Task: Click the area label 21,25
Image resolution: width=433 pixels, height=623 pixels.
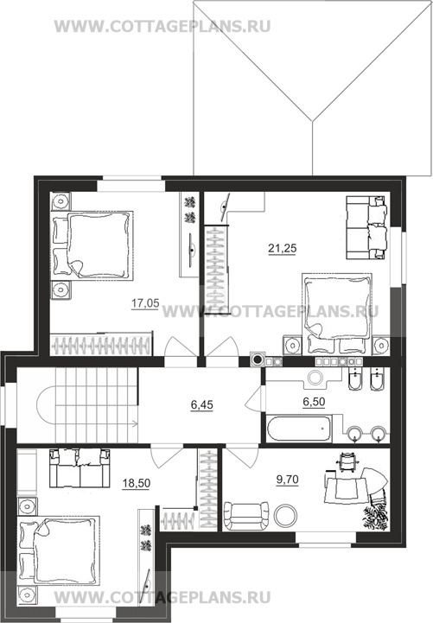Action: click(x=282, y=248)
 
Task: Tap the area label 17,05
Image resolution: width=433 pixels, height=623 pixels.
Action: click(x=145, y=303)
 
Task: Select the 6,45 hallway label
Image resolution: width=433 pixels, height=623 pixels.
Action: click(x=201, y=405)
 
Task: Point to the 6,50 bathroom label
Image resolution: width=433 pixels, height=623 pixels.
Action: click(x=314, y=402)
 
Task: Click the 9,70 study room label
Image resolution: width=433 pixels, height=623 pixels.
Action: click(x=287, y=480)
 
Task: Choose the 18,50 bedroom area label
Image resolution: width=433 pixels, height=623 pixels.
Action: click(x=137, y=483)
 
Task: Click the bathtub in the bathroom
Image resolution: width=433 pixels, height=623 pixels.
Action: click(x=299, y=429)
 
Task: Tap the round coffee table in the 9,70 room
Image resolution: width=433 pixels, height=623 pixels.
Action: click(x=285, y=515)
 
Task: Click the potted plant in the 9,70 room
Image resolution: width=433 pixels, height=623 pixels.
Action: click(x=376, y=515)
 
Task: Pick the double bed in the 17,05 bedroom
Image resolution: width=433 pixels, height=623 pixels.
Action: click(x=92, y=245)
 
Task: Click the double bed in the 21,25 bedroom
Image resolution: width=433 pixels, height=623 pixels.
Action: click(x=337, y=314)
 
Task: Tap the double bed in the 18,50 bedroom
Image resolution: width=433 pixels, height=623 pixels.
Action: click(x=59, y=551)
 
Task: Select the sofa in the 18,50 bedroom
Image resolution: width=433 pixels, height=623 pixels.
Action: click(x=80, y=468)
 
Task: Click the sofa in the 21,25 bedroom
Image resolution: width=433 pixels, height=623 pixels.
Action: click(x=366, y=227)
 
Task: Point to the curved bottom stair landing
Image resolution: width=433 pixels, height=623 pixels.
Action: click(x=46, y=405)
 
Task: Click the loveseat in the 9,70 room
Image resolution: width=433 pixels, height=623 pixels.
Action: click(x=246, y=516)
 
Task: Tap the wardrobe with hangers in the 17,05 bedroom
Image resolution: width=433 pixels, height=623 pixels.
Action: click(x=101, y=345)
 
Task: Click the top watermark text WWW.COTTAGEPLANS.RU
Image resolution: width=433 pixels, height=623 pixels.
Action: click(x=162, y=26)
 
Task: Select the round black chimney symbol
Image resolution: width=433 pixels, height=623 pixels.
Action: click(x=258, y=360)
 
